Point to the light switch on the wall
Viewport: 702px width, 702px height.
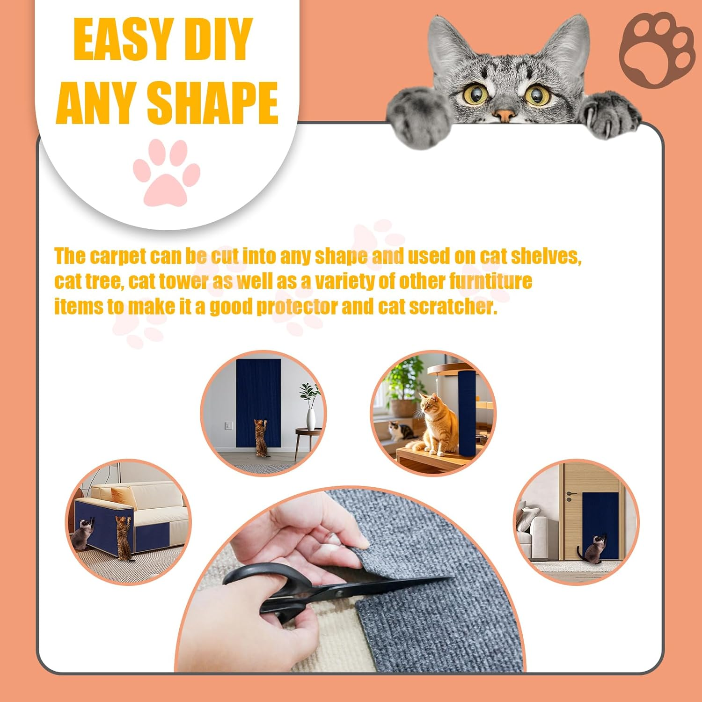(x=228, y=425)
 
